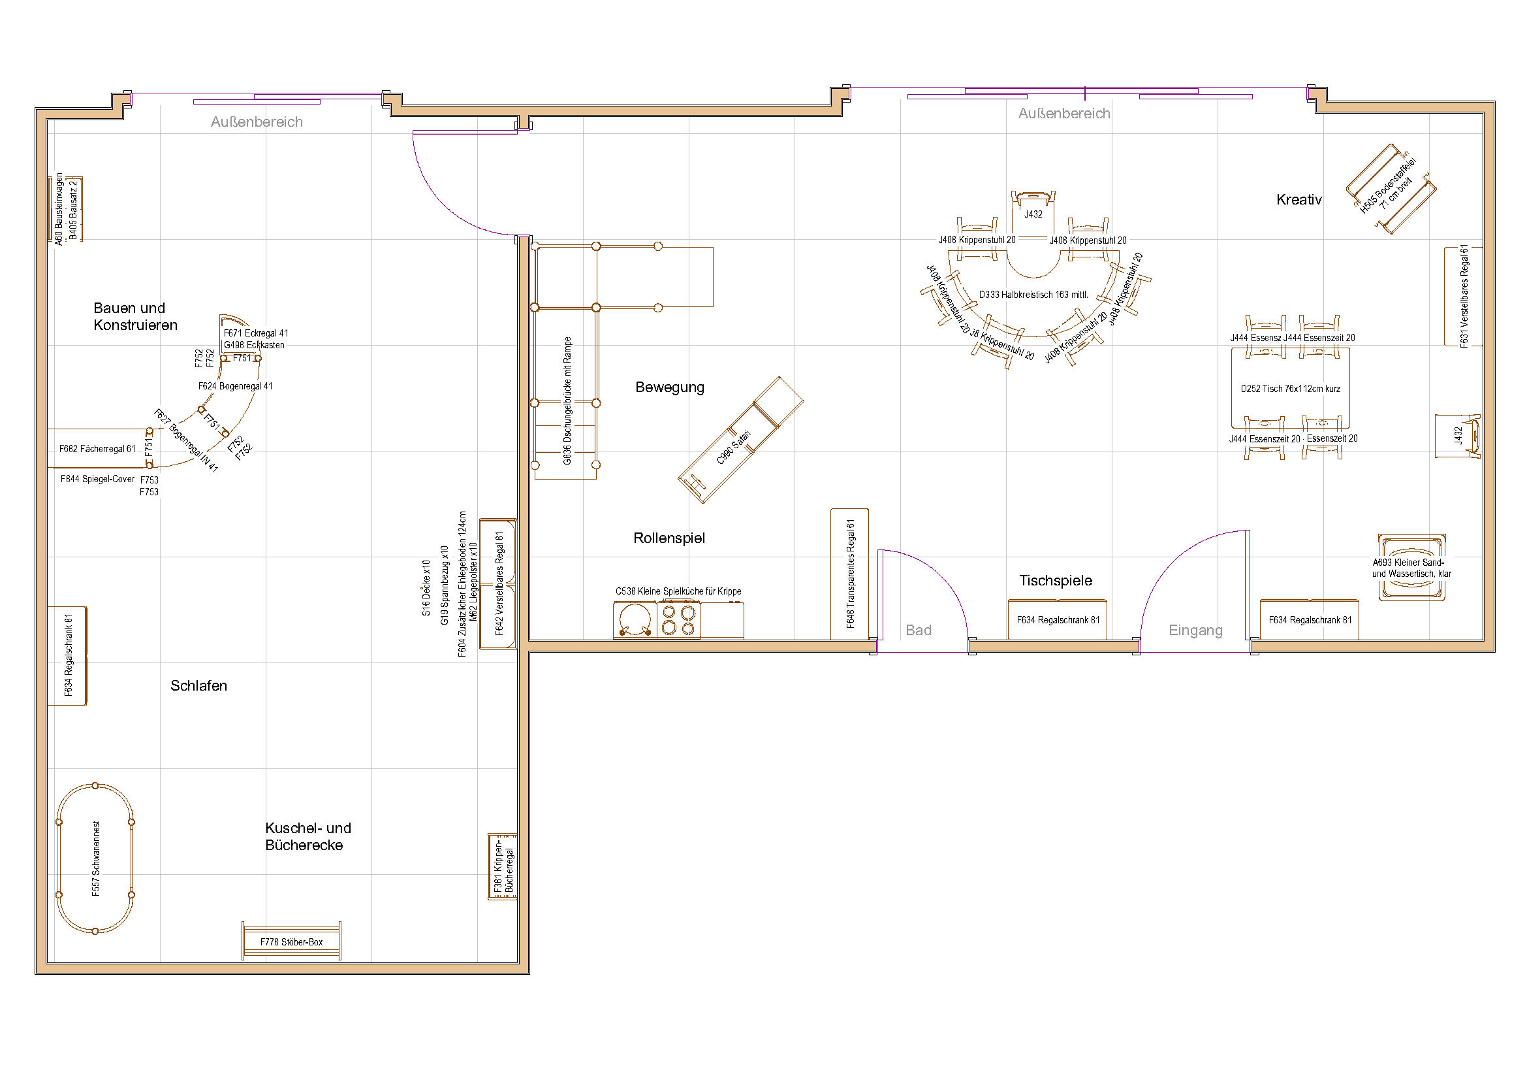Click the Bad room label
(x=918, y=630)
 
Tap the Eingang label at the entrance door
(x=1195, y=630)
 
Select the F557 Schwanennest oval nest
(x=95, y=859)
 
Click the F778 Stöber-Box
(x=291, y=941)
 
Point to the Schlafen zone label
(x=198, y=685)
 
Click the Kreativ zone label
(x=1299, y=200)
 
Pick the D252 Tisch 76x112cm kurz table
(x=1289, y=389)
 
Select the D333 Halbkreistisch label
(x=1033, y=295)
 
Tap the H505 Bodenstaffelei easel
(x=1390, y=188)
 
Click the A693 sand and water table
(x=1411, y=568)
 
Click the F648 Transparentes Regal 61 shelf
(x=849, y=574)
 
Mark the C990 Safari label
(x=734, y=447)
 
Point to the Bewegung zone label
(x=669, y=387)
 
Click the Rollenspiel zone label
(x=669, y=538)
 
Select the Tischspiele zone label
(x=1056, y=580)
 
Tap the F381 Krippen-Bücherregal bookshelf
(x=503, y=866)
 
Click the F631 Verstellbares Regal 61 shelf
(x=1463, y=296)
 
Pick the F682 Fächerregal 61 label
(x=97, y=449)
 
